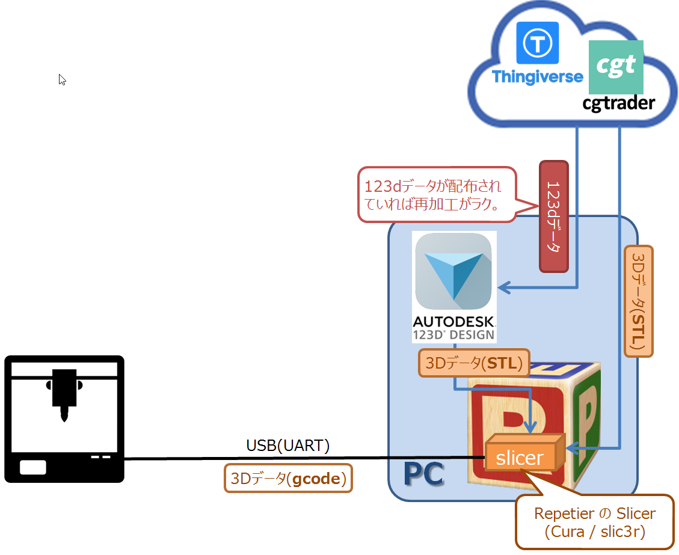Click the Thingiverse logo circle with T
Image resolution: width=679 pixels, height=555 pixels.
[538, 43]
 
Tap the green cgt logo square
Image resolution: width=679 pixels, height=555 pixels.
[616, 67]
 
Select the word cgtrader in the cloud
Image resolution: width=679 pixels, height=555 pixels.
[618, 103]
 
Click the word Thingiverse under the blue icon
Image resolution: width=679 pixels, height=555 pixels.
[537, 77]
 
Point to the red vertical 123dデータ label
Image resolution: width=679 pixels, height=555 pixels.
[554, 216]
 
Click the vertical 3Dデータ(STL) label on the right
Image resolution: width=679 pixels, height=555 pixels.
[638, 301]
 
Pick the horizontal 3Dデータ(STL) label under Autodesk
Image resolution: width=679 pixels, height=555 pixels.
[473, 364]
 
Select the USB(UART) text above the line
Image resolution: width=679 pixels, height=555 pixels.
[288, 446]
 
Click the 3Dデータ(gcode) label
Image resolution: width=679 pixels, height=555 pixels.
[288, 479]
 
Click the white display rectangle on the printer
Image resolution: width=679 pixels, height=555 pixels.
[32, 467]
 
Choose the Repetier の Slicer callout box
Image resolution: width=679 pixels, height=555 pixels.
[594, 522]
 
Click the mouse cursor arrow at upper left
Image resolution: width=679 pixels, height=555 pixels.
[62, 79]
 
